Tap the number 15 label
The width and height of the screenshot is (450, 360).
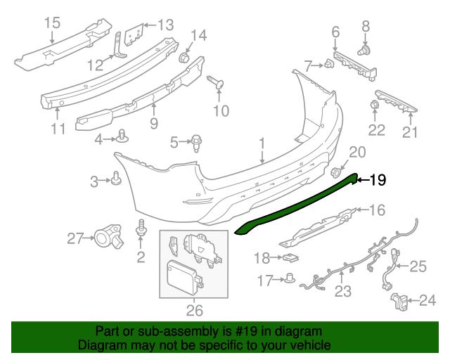coord(53,23)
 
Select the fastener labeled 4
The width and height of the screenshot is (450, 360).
coord(123,136)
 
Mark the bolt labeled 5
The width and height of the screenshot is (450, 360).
coord(197,143)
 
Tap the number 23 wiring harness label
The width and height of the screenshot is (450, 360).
coord(342,290)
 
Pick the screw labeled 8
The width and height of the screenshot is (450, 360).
coord(365,51)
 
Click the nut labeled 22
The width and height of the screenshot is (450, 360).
coord(375,107)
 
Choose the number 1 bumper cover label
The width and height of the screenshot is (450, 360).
coord(262,144)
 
